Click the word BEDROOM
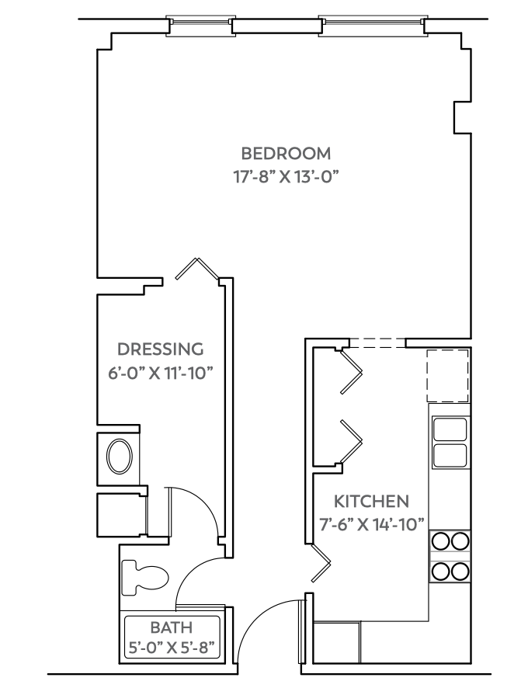(x=285, y=153)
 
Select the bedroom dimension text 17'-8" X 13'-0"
(x=285, y=176)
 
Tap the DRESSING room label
(x=160, y=349)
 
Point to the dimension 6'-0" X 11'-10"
(x=160, y=373)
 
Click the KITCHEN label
(x=371, y=499)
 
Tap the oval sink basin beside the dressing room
(x=119, y=457)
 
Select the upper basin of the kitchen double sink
(x=450, y=429)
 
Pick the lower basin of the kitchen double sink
(x=450, y=455)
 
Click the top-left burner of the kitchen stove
(x=440, y=541)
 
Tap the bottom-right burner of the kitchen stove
(x=460, y=572)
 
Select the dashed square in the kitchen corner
(x=449, y=375)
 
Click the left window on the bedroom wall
(x=200, y=26)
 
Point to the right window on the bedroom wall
(x=371, y=26)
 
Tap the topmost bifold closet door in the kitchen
(x=352, y=370)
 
